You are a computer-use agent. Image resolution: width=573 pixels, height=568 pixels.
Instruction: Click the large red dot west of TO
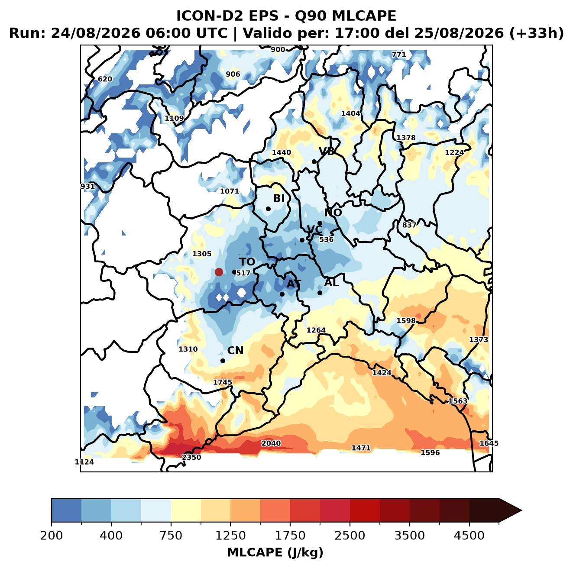coord(219,272)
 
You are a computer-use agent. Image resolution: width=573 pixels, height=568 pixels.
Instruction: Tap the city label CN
coord(235,350)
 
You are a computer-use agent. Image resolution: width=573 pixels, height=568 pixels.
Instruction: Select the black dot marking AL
coord(320,293)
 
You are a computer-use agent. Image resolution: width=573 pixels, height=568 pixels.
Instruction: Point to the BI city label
coord(278,198)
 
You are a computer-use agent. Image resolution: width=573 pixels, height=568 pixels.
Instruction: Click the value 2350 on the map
coord(191,457)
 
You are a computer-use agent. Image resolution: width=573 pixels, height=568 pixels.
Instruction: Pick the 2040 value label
coord(271,443)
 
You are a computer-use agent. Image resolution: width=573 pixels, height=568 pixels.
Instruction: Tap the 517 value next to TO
coord(243,273)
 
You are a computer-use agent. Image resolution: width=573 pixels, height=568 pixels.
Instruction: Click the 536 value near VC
coord(326,239)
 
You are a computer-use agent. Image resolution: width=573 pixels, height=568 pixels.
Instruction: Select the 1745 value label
coord(223,382)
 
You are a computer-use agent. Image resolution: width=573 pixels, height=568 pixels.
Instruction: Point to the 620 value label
coord(105,79)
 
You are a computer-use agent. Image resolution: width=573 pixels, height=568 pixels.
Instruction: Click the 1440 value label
coord(282,152)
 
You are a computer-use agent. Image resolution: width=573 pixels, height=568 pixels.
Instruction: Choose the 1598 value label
coord(406,321)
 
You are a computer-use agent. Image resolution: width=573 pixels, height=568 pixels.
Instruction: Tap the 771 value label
coord(399,55)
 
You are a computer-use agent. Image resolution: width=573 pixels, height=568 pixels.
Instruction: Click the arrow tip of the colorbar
coord(521,511)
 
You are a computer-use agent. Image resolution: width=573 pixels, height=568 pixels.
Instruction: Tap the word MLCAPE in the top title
coord(364,16)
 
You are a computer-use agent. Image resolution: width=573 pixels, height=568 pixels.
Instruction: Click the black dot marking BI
coord(268,209)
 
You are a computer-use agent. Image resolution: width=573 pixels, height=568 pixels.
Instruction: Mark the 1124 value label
coord(84,462)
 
